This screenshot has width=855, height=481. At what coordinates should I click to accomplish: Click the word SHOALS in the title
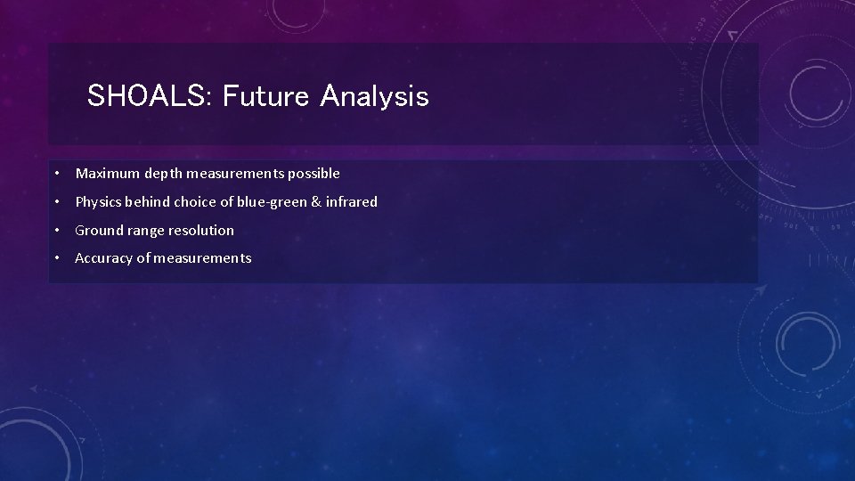tap(146, 96)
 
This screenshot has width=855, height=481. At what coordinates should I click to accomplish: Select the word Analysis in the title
tap(373, 96)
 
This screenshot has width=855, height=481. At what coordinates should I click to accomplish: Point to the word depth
tap(162, 174)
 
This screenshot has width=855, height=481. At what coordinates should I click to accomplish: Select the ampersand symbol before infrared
tap(316, 202)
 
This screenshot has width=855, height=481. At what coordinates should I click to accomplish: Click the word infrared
tap(353, 202)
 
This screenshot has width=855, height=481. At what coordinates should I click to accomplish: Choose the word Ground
tap(98, 231)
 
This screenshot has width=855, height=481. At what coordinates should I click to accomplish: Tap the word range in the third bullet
tap(145, 231)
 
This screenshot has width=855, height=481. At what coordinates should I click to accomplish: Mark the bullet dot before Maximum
tap(55, 174)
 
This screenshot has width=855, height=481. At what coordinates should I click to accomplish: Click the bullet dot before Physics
tap(55, 202)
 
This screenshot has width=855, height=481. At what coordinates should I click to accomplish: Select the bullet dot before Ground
tap(55, 231)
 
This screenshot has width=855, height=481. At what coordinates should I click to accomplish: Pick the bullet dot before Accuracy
tap(55, 258)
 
